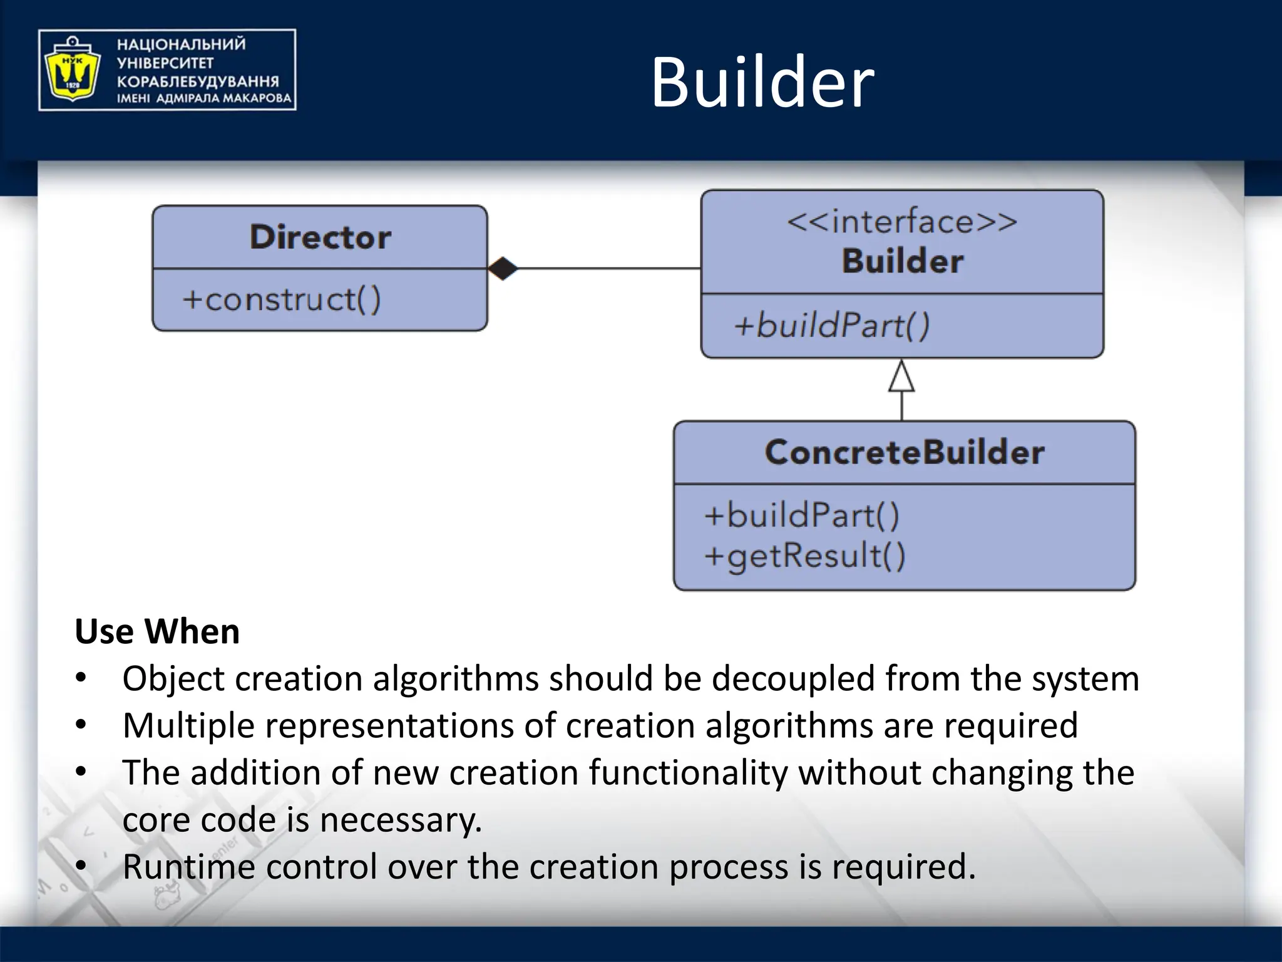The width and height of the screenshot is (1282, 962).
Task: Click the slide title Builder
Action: tap(762, 83)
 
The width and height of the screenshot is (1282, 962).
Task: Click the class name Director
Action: tap(320, 237)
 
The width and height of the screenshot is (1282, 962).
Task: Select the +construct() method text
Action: tap(281, 299)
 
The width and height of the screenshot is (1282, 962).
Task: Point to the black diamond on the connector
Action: tap(503, 269)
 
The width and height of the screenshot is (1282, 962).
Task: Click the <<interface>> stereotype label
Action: tap(901, 222)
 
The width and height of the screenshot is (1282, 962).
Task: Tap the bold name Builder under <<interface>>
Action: tap(902, 261)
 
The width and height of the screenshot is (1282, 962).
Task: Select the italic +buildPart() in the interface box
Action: tap(831, 326)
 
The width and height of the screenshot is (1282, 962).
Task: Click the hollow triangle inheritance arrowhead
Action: tap(901, 377)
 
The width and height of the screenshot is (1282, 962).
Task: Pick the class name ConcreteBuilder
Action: tap(905, 452)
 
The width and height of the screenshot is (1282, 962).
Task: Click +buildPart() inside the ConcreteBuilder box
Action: tap(802, 515)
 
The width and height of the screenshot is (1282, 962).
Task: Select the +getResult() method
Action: tap(804, 556)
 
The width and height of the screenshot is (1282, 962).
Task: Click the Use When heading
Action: tap(157, 631)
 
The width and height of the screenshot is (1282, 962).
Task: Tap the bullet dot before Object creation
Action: tap(81, 678)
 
